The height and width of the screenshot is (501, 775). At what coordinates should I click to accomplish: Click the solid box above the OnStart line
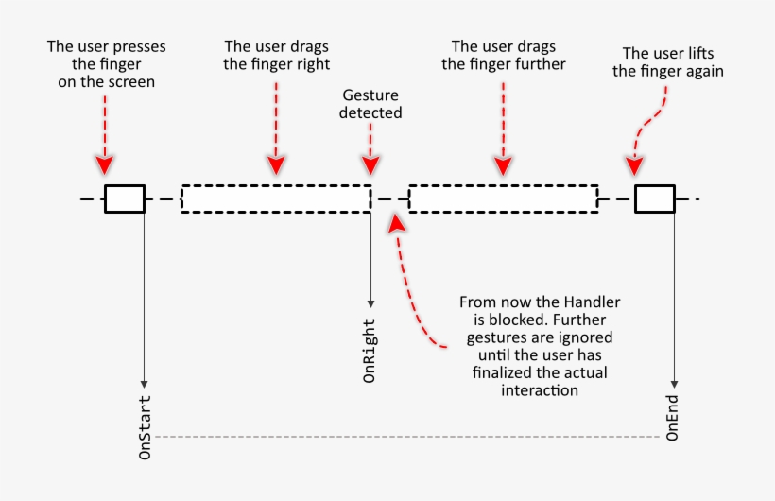[124, 199]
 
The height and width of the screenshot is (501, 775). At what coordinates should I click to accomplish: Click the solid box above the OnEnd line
[654, 199]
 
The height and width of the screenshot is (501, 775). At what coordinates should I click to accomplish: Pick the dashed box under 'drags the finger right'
[275, 199]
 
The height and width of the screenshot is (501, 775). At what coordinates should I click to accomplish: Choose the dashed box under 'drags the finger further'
[503, 199]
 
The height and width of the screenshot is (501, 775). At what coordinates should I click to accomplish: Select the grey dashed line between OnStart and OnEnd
[406, 437]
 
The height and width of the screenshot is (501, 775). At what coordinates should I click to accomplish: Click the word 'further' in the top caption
[540, 64]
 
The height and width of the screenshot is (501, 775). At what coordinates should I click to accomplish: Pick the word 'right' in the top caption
[313, 64]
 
